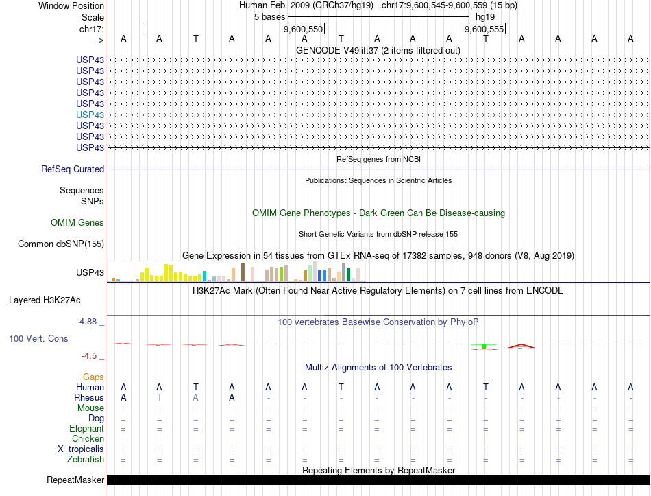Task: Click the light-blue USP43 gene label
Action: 90,115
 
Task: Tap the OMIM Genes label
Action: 77,222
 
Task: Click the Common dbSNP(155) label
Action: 61,244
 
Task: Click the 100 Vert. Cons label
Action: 39,338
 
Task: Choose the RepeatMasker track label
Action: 75,480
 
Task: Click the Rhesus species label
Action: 89,397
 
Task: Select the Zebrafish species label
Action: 86,459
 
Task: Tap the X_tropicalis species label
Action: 81,449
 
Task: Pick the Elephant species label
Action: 87,428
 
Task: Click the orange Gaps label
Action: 93,377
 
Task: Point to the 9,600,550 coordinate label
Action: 303,29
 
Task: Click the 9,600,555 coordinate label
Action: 484,29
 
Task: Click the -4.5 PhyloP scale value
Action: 92,356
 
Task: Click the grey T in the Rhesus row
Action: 159,397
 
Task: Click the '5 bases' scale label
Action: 269,16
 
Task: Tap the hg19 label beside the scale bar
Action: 484,16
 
